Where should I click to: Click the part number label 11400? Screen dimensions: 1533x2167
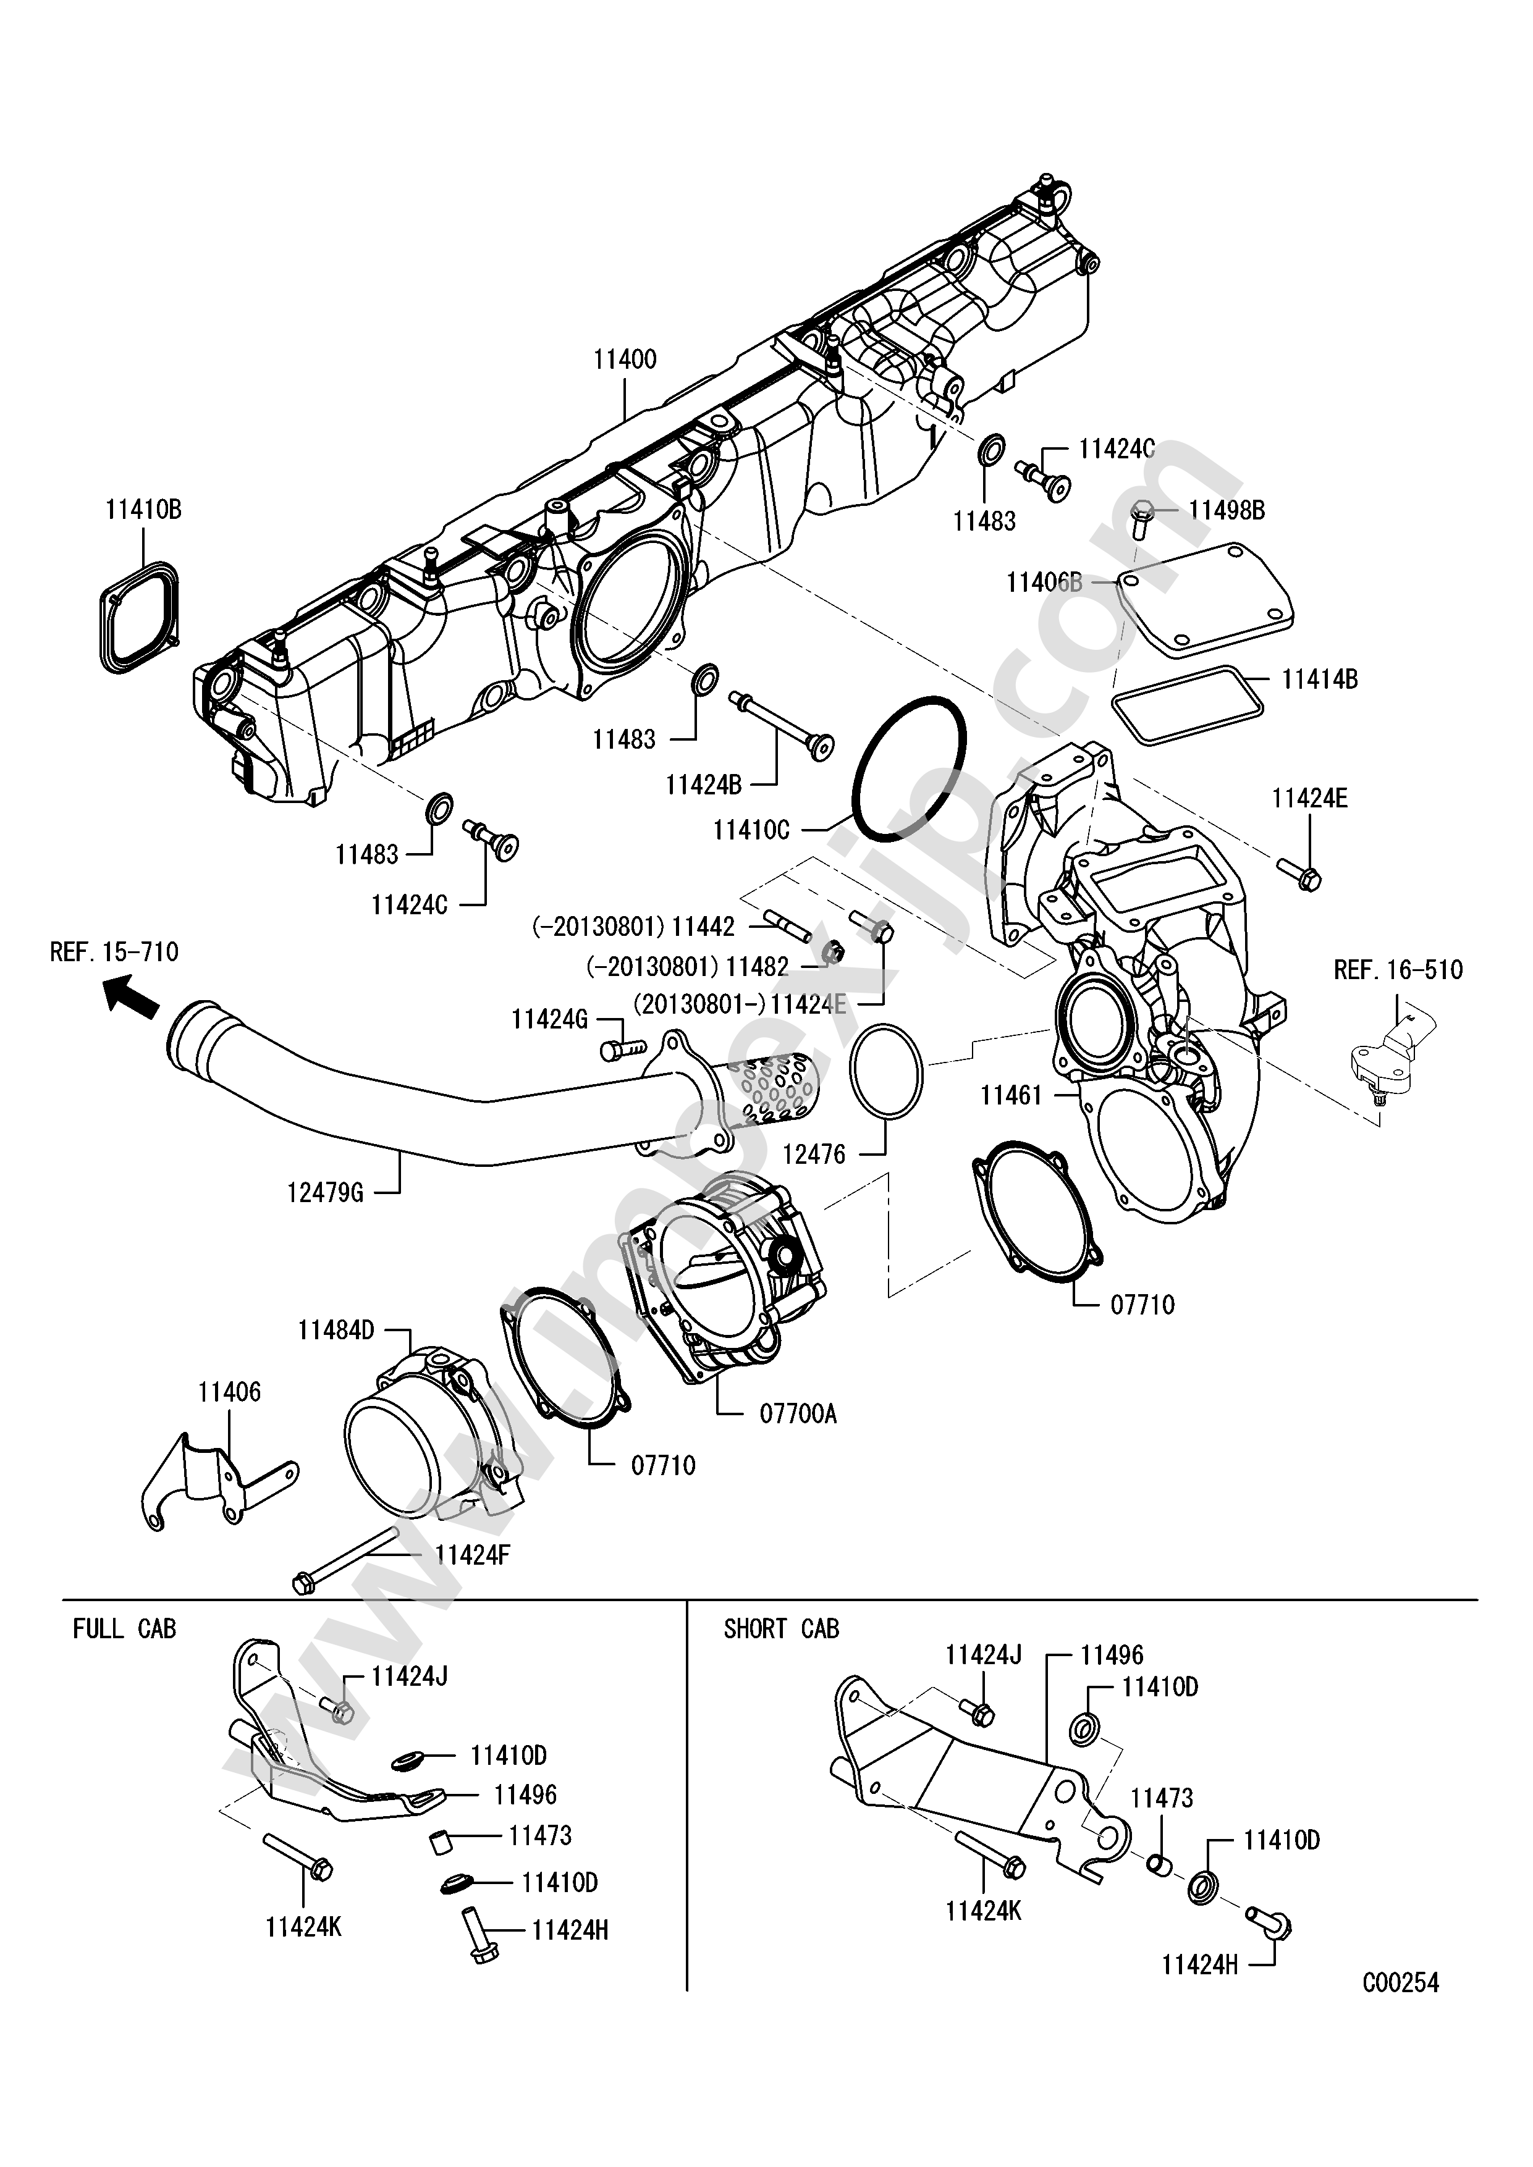click(625, 360)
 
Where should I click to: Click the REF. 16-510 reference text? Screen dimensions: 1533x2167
click(1398, 970)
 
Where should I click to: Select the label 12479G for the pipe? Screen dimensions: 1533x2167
click(325, 1193)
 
